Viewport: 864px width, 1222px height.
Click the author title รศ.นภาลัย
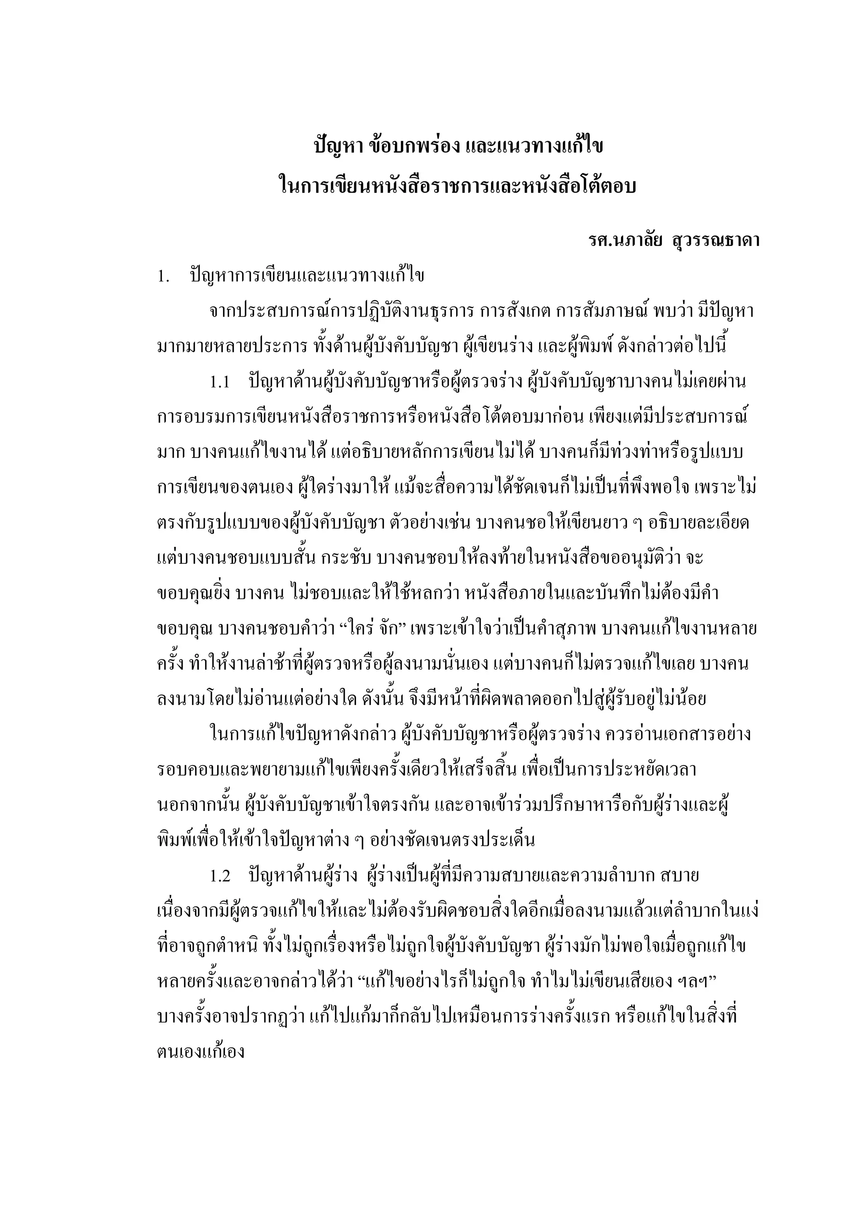pos(624,241)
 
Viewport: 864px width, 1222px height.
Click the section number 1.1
pos(219,382)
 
